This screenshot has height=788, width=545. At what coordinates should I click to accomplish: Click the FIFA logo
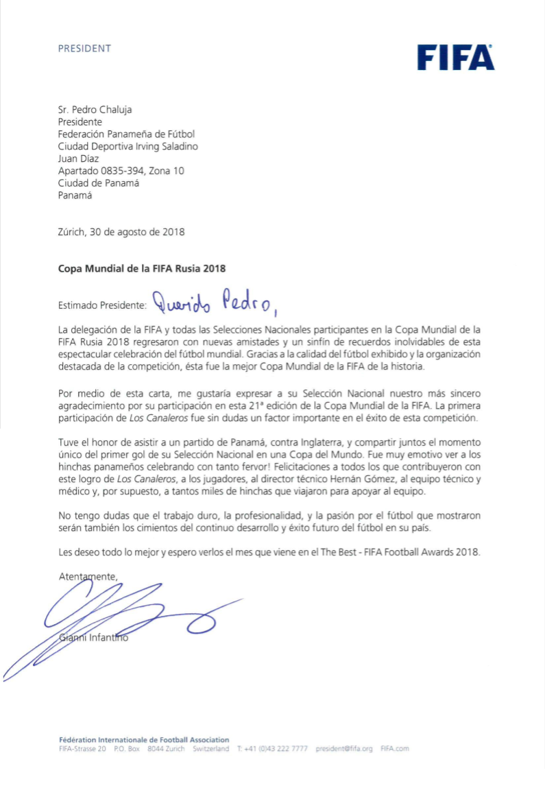coord(455,58)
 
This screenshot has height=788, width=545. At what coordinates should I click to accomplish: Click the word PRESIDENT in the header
coord(84,49)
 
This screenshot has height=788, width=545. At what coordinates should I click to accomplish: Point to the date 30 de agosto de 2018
coord(141,232)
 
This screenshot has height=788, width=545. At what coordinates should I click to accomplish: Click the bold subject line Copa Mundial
coord(141,268)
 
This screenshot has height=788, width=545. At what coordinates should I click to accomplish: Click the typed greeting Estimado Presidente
coord(102,302)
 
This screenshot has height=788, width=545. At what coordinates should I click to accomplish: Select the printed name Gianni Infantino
coord(94,638)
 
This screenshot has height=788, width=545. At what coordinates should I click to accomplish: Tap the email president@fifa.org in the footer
coord(344,749)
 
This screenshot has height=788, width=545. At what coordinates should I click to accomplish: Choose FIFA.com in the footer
coord(394,749)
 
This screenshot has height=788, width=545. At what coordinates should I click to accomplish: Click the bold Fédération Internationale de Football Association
coord(144,740)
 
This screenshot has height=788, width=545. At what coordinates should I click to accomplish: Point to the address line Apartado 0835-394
coord(121,171)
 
